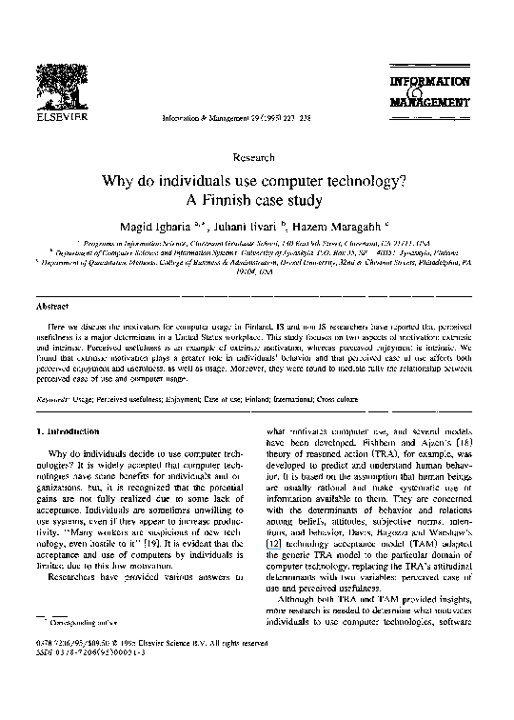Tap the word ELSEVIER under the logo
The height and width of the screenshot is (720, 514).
pyautogui.click(x=61, y=118)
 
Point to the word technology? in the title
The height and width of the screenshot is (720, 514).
pyautogui.click(x=354, y=178)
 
